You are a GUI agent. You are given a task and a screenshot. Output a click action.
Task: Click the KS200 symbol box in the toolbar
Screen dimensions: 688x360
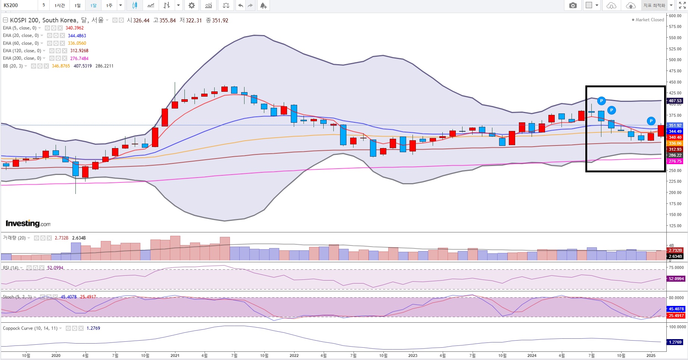coord(19,5)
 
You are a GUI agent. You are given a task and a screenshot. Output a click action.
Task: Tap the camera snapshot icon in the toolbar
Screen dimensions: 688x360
coord(573,5)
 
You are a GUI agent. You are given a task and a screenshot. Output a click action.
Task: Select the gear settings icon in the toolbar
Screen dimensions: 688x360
coord(192,5)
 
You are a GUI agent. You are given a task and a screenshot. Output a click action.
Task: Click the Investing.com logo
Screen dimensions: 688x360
coord(28,223)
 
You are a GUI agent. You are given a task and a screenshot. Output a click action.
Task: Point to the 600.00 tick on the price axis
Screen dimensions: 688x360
coord(675,16)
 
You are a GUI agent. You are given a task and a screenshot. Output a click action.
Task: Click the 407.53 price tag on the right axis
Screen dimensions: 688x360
coord(675,101)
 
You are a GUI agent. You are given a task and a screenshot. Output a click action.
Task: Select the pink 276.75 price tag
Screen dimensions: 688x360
coord(675,161)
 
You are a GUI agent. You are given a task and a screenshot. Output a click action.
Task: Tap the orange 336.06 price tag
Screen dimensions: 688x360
coord(675,143)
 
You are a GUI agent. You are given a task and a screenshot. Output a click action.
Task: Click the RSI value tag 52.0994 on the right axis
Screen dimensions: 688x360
coord(676,279)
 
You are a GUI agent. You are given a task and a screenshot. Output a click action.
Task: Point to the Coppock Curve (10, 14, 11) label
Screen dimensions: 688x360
coord(30,328)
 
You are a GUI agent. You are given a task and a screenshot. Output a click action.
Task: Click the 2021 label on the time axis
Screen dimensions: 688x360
coord(175,356)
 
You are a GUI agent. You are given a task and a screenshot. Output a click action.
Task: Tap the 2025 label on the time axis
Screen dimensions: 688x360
coord(651,356)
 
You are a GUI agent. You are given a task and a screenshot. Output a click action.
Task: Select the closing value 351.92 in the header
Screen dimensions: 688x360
coord(220,21)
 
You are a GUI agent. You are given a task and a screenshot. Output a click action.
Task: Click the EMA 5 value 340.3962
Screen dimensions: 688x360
coord(75,28)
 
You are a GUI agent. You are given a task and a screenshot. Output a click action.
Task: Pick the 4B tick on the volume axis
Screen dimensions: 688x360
coord(672,245)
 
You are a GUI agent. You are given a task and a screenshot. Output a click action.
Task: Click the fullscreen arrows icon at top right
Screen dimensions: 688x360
coord(682,5)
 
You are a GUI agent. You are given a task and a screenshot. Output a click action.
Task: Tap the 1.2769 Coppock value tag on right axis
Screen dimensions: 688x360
coord(675,342)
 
